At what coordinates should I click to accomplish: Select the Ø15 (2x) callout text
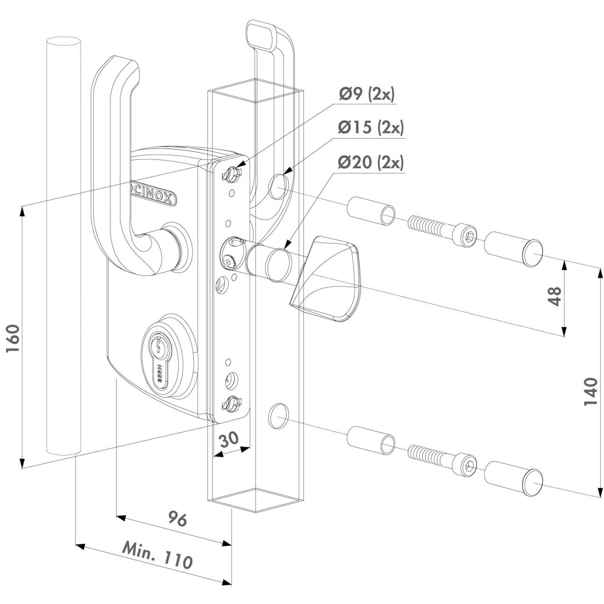tap(371, 128)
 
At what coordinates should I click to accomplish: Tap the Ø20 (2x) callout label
tap(371, 163)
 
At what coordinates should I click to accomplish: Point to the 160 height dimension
tap(13, 338)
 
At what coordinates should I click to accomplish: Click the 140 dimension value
tap(591, 391)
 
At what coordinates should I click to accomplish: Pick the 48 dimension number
tap(554, 296)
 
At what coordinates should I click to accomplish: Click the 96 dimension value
tap(177, 518)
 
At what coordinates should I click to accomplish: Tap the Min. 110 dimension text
tap(157, 554)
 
